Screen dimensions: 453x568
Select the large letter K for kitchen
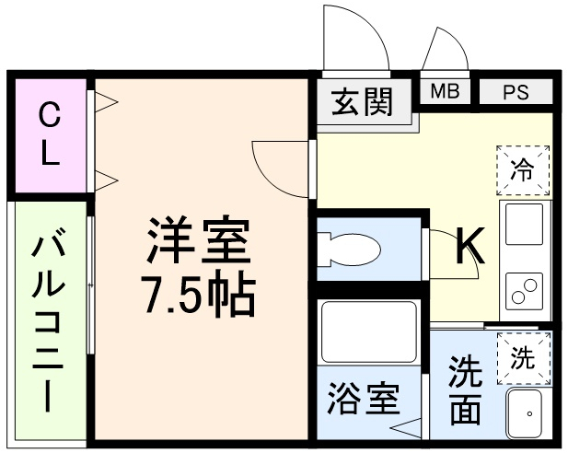[x=469, y=245]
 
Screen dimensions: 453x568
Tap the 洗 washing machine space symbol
[x=522, y=356]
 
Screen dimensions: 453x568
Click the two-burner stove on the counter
[x=524, y=290]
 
